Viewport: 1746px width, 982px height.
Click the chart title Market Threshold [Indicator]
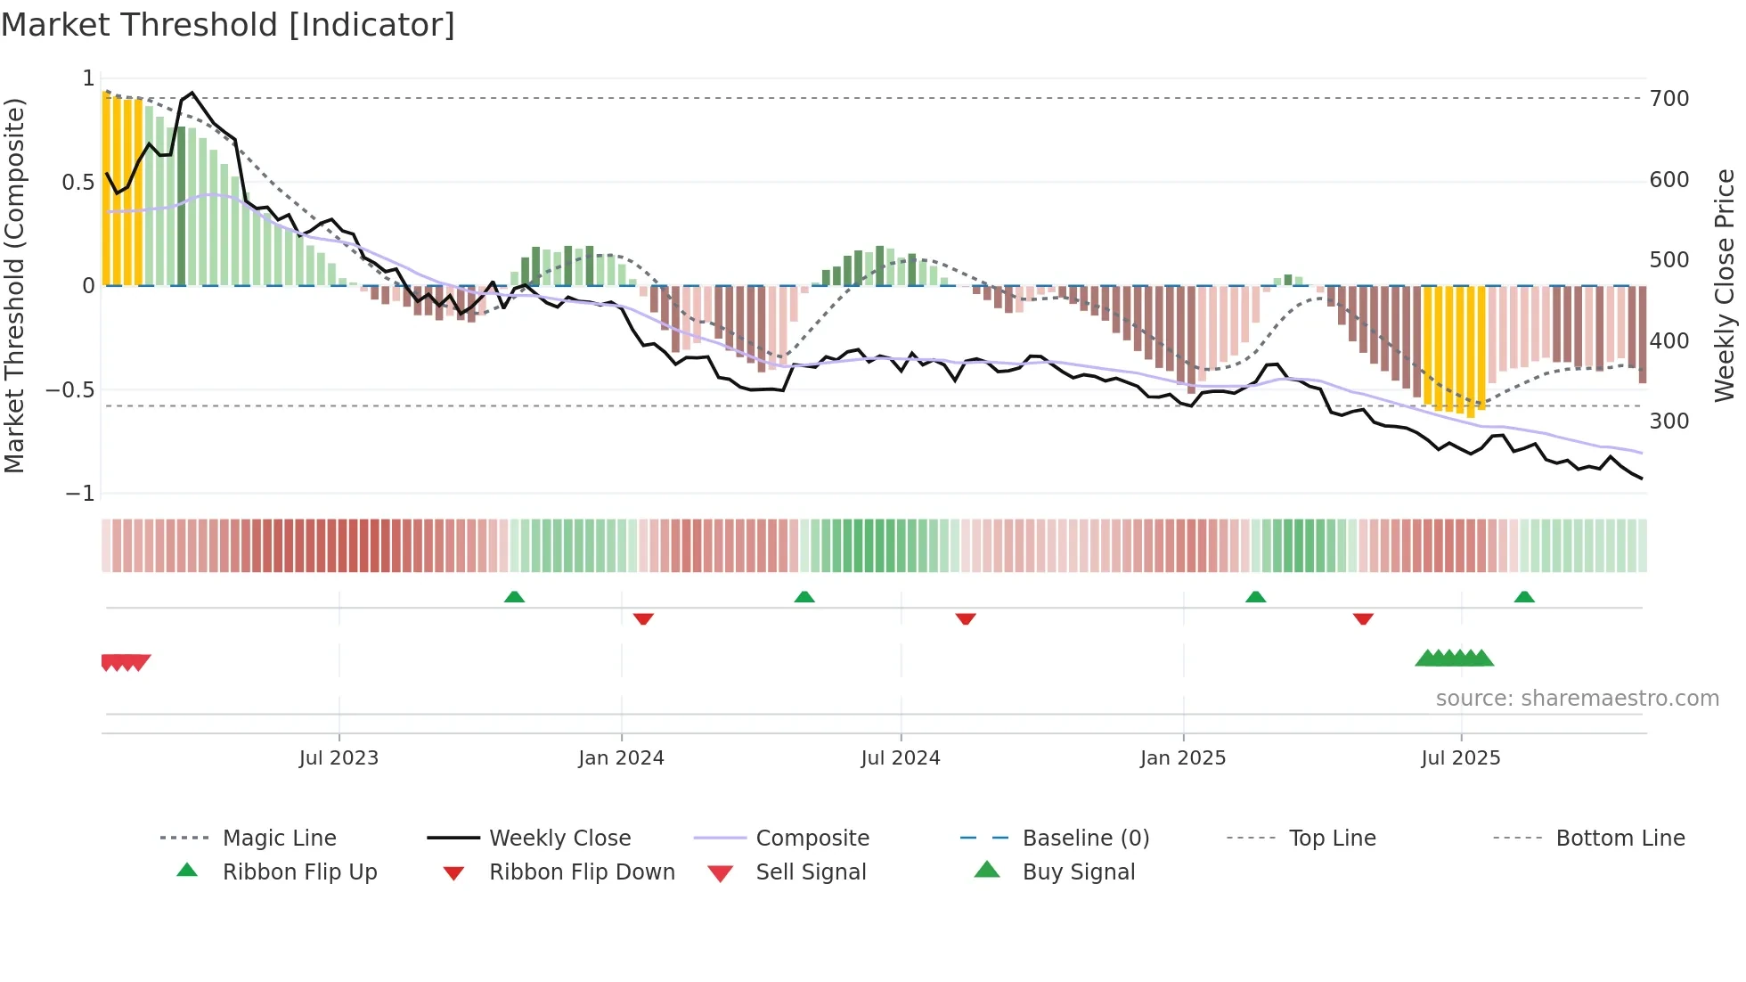pyautogui.click(x=228, y=25)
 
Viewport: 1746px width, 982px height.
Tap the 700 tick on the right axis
pyautogui.click(x=1668, y=99)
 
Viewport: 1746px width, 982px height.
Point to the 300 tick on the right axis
pyautogui.click(x=1668, y=421)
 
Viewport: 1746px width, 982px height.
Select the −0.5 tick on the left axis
pyautogui.click(x=70, y=390)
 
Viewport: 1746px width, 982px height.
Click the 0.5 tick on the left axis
pyautogui.click(x=78, y=183)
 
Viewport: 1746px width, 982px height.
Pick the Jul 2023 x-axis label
pyautogui.click(x=339, y=758)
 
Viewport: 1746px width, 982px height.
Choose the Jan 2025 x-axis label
pyautogui.click(x=1182, y=758)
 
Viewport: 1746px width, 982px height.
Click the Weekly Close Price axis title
pyautogui.click(x=1725, y=285)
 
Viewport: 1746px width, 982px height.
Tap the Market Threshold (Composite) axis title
pyautogui.click(x=14, y=285)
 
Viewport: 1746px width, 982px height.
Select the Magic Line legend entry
pyautogui.click(x=279, y=839)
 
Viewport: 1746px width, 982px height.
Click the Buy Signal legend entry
pyautogui.click(x=1078, y=872)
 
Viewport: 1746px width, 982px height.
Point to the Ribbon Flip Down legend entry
pyautogui.click(x=581, y=872)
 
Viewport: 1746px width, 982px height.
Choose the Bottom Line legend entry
pyautogui.click(x=1620, y=839)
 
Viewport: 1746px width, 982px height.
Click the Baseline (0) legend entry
pyautogui.click(x=1085, y=839)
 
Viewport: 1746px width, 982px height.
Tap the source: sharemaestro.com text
pyautogui.click(x=1577, y=699)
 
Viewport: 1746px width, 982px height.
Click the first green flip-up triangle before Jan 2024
pyautogui.click(x=514, y=597)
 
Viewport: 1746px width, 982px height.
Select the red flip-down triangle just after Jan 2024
pyautogui.click(x=643, y=618)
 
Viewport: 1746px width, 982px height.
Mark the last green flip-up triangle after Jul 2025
pyautogui.click(x=1524, y=597)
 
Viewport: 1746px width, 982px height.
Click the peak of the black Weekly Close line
pyautogui.click(x=192, y=93)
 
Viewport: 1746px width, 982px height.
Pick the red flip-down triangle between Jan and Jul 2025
pyautogui.click(x=1363, y=618)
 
